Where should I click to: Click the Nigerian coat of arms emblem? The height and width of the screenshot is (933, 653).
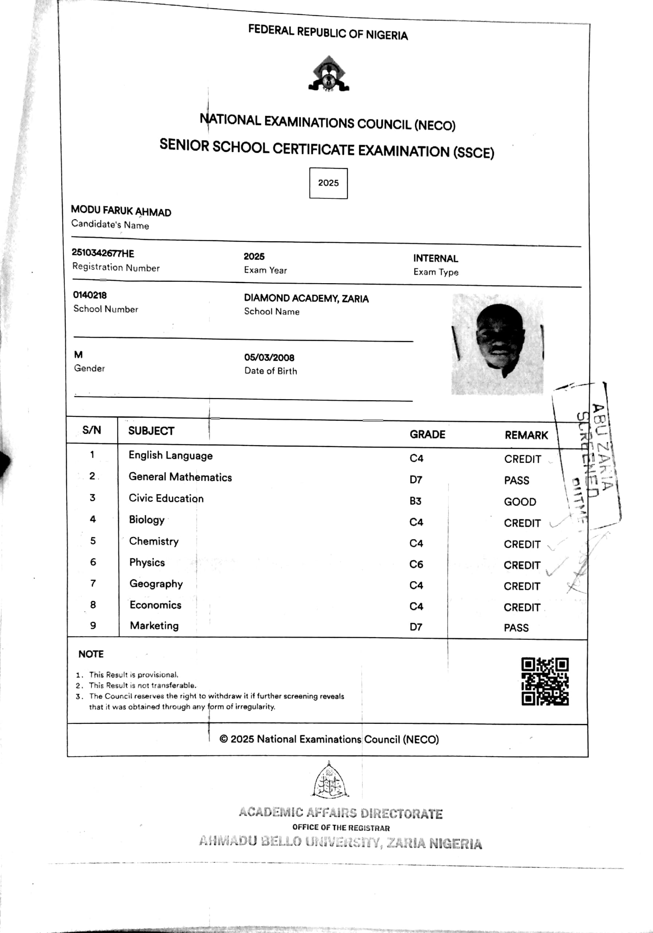coord(329,74)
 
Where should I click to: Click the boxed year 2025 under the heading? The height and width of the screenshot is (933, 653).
coord(328,183)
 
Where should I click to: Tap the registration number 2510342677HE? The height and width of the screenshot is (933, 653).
coord(103,253)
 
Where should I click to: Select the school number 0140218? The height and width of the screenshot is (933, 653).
coord(89,295)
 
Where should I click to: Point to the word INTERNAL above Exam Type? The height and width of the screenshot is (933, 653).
coord(435,258)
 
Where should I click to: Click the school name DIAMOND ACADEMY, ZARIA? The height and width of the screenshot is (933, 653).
coord(306,298)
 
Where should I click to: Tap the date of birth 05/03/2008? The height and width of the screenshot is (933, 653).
coord(269,358)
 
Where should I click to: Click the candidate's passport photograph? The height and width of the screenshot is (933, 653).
coord(497,344)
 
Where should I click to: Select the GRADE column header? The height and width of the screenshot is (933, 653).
coord(427,434)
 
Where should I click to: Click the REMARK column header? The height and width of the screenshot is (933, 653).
coord(526,435)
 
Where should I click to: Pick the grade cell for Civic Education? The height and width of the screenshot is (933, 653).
coord(416,501)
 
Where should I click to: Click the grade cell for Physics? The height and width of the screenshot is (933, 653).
coord(416,565)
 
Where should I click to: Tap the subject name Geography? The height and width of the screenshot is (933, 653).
coord(156,584)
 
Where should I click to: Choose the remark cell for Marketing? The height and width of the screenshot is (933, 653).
coord(516,628)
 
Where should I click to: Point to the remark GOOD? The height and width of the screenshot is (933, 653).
coord(520,502)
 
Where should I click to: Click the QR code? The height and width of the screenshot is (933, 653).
coord(545,682)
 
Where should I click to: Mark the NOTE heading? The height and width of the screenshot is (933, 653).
coord(91,654)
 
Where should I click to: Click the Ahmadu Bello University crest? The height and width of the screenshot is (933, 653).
coord(329,781)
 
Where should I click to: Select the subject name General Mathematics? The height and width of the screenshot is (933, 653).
coord(180,477)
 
